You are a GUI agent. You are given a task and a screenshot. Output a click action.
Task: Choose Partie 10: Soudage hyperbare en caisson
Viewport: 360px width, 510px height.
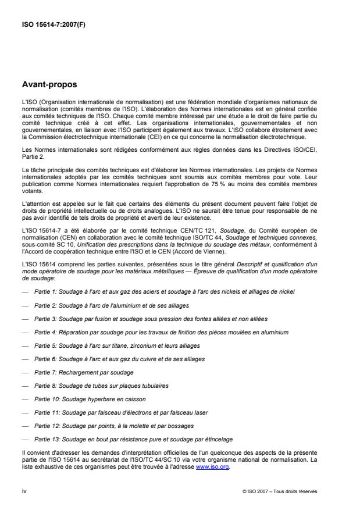(x=90, y=399)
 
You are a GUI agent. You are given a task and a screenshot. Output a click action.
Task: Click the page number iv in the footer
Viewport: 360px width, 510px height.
(x=24, y=491)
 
